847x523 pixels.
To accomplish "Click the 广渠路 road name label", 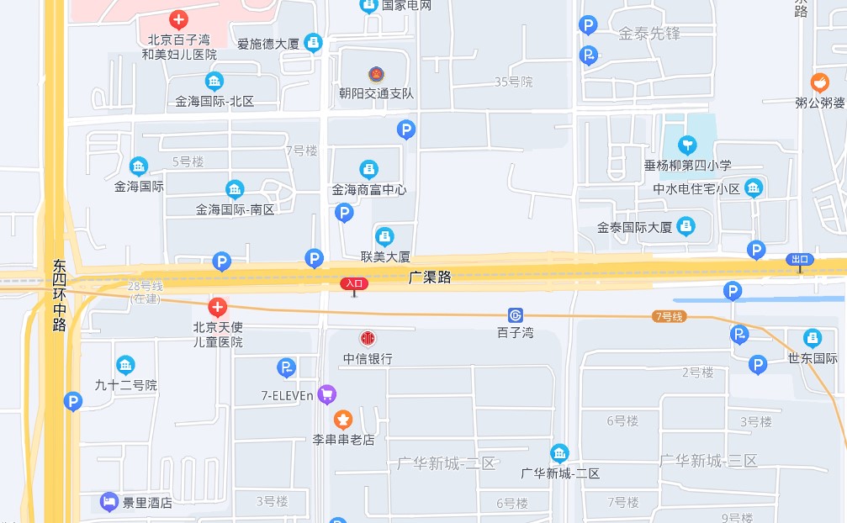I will [x=430, y=277].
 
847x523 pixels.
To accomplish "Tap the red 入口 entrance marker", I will [x=354, y=284].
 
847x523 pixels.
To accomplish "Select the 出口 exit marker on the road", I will [x=800, y=259].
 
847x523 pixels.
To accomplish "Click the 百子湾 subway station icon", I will [x=516, y=315].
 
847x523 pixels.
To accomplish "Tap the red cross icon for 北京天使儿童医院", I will [x=217, y=307].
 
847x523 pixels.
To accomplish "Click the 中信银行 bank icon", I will [x=368, y=339].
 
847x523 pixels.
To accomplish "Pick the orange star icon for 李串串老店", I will [x=343, y=419].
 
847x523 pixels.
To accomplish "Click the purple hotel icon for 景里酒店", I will [x=109, y=502].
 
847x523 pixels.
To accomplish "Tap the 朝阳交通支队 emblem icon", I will [x=375, y=74].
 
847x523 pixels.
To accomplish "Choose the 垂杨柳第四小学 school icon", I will [x=688, y=145].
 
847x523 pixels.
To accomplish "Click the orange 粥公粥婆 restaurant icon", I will [x=819, y=82].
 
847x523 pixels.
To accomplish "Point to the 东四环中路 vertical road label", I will [x=58, y=295].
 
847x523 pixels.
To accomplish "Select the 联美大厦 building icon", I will [x=384, y=236].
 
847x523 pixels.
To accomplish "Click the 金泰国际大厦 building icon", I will [x=687, y=226].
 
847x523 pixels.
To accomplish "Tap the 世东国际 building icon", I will [x=813, y=339].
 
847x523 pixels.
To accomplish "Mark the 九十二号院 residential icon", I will [x=125, y=365].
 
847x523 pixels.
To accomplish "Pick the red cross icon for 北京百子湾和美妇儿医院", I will [x=178, y=19].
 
